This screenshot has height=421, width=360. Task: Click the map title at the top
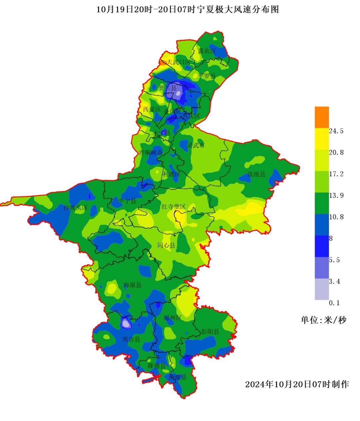[188, 10]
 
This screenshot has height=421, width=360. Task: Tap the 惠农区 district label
[207, 51]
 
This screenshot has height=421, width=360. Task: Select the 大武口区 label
[178, 62]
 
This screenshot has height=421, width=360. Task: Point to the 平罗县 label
[207, 76]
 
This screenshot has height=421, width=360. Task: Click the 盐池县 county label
[256, 174]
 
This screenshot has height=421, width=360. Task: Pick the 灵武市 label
[196, 145]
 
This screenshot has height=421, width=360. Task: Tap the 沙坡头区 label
[75, 208]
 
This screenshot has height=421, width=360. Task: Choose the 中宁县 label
[127, 201]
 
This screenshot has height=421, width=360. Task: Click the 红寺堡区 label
[173, 207]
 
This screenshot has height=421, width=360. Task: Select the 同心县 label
[166, 245]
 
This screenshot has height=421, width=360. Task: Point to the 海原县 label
[132, 285]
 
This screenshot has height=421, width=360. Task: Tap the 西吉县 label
[131, 339]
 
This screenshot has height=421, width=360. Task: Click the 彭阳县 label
[210, 331]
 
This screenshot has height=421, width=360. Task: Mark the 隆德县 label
[157, 366]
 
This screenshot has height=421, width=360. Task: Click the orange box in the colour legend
[322, 117]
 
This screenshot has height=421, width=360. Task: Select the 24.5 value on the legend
[336, 131]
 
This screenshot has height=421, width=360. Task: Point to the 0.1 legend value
[334, 303]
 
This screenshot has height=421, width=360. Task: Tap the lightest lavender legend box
[322, 289]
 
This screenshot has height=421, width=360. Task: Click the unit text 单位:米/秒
[324, 320]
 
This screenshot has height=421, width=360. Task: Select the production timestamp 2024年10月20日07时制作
[297, 384]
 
